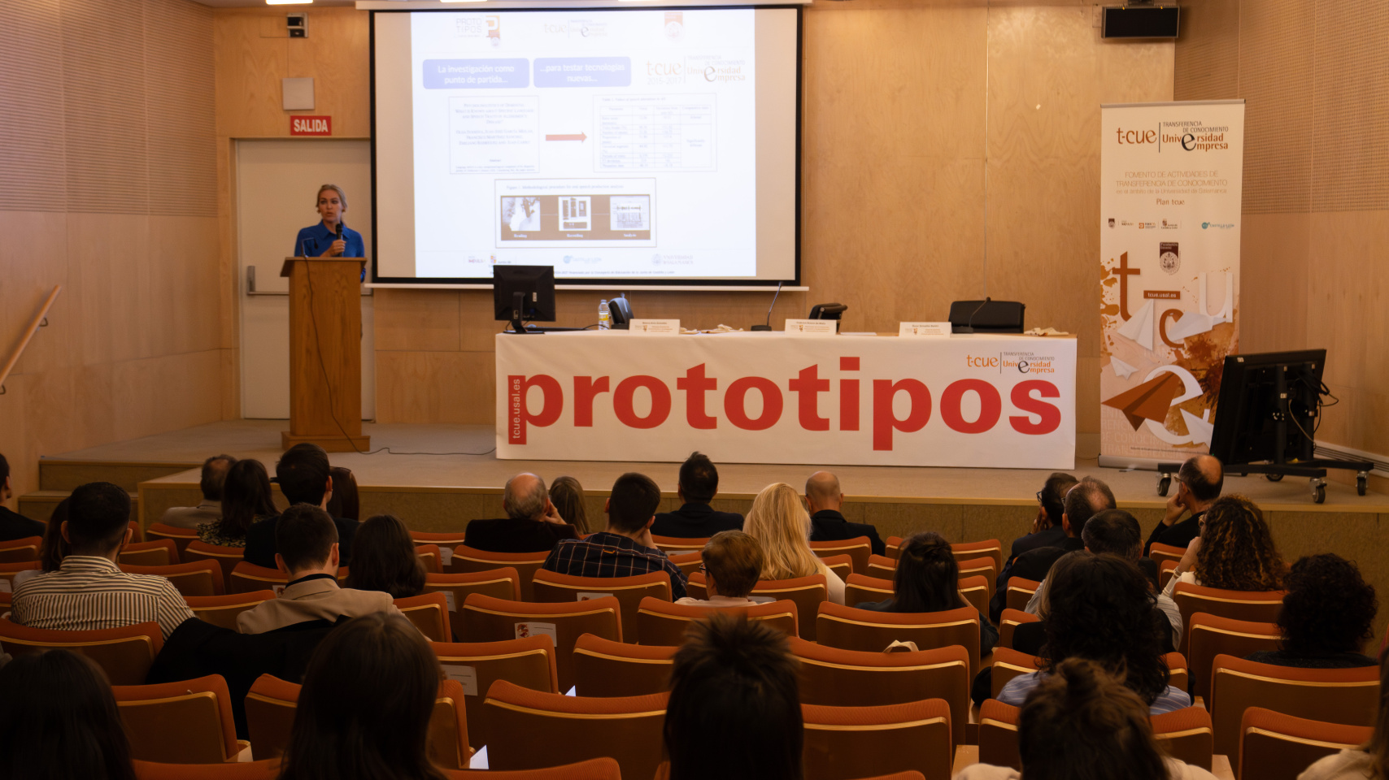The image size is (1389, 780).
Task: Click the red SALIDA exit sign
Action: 311,125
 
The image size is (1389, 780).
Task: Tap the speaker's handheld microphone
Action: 338,236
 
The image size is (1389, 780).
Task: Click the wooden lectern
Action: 324,349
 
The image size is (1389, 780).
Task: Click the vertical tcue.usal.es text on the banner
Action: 516,409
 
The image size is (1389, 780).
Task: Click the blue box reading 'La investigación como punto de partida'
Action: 476,73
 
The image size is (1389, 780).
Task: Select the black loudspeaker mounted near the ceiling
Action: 1140,22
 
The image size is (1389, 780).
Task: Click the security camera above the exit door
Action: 297,25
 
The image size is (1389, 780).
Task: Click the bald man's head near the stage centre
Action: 822,489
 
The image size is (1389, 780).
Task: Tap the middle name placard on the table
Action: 810,327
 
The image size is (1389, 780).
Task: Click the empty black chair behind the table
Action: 987,315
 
